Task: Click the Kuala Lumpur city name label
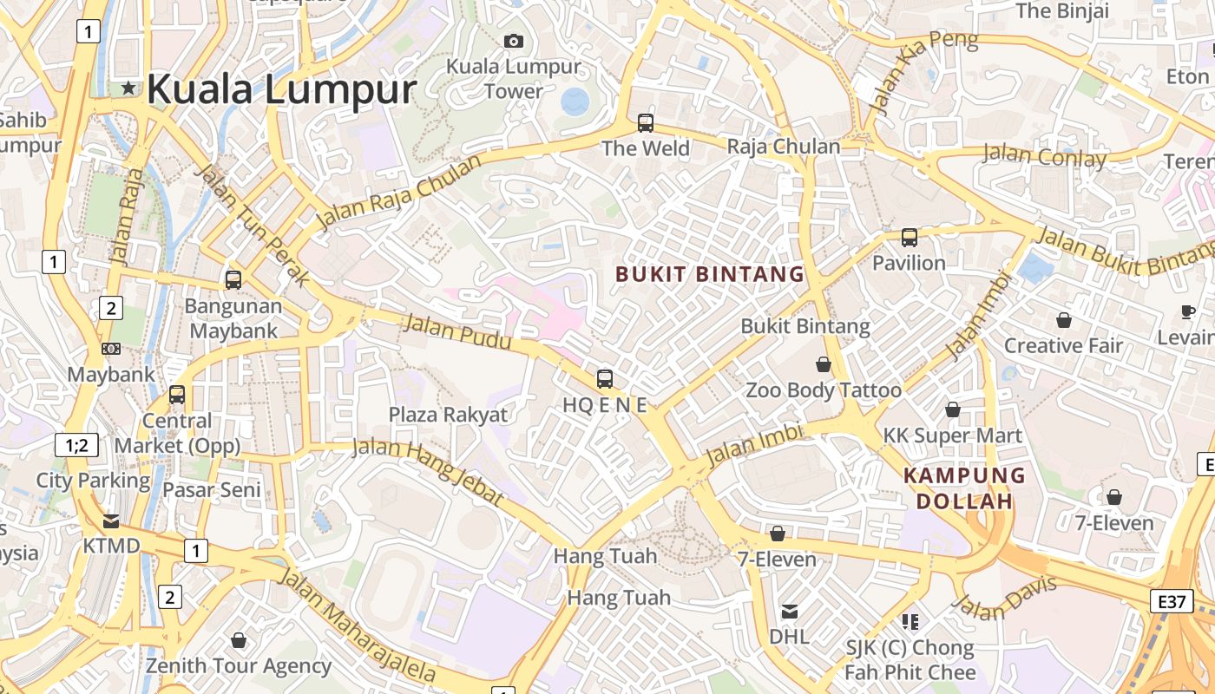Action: coord(281,89)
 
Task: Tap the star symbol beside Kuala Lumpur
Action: coord(128,88)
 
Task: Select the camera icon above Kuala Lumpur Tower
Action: coord(514,41)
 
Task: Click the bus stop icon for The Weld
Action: coord(646,123)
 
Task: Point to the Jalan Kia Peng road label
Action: coord(925,71)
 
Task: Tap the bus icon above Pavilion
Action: coord(909,237)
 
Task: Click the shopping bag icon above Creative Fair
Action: coord(1064,320)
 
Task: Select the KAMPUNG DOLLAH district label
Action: coord(964,488)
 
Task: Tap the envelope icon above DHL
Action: coord(789,612)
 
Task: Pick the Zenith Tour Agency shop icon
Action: coord(239,640)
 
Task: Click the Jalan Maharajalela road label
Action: coord(357,625)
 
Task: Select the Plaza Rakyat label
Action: coord(448,415)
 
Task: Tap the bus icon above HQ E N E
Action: coord(605,379)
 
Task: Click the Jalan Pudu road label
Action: coord(457,332)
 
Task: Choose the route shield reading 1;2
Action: coord(76,445)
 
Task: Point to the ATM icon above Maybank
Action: coord(111,349)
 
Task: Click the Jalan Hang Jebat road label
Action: coord(427,471)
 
